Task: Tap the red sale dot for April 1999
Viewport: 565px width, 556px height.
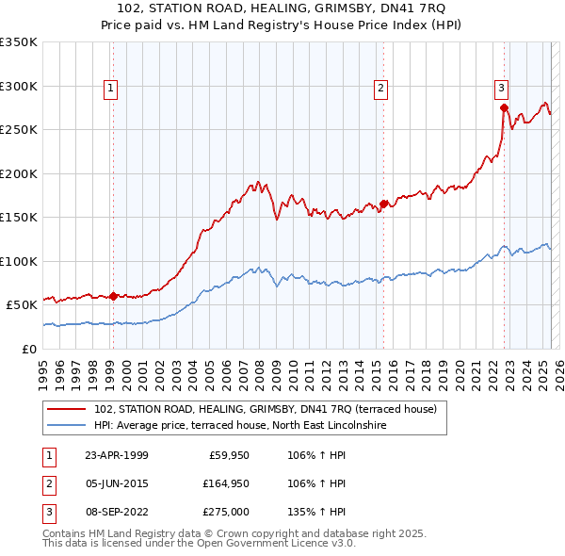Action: coord(113,296)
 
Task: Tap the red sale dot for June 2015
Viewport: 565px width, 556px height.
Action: coord(384,203)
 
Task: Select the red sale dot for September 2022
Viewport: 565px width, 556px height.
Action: coord(505,106)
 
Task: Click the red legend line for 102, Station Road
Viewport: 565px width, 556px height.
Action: coord(67,410)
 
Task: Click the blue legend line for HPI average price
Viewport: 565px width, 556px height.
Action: coord(67,425)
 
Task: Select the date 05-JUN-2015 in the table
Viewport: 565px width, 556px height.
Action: coord(116,483)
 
